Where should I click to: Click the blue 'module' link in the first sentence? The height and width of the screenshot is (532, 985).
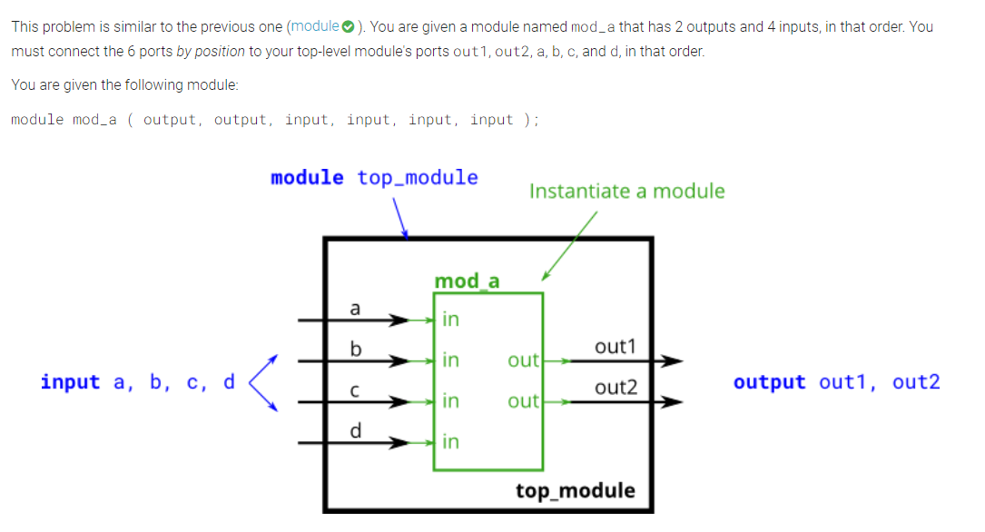(x=313, y=26)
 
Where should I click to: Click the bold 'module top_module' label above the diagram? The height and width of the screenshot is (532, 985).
(x=374, y=177)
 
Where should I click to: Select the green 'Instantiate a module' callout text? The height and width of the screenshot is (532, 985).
(x=626, y=191)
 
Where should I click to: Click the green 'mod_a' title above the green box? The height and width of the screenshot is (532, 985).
(x=467, y=281)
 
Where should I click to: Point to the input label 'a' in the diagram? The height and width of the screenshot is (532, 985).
(x=355, y=308)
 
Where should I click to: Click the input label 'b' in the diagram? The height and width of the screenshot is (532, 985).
(x=355, y=349)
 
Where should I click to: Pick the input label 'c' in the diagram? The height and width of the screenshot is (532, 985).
(x=355, y=390)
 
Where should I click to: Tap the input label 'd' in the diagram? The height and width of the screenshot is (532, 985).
(x=355, y=430)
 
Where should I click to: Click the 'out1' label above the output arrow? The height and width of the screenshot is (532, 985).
(x=616, y=347)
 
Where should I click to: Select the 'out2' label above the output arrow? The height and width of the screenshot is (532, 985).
(x=616, y=388)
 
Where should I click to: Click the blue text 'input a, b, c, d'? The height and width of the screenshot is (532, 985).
(x=137, y=381)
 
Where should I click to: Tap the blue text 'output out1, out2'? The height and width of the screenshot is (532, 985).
(x=836, y=381)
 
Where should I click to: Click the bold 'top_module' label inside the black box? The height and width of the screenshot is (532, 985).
(x=576, y=491)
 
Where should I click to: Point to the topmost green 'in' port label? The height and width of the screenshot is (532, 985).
(x=450, y=320)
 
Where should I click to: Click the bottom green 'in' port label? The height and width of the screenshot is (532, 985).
(x=450, y=442)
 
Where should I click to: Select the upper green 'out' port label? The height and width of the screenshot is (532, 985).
(x=523, y=360)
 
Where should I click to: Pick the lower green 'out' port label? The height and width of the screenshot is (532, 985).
(x=523, y=400)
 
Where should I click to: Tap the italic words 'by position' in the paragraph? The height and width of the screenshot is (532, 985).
(x=210, y=52)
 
